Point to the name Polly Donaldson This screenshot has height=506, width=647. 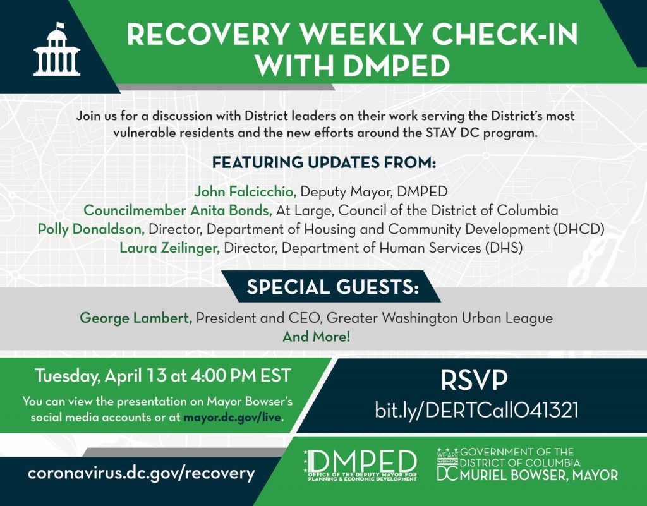[x=92, y=229]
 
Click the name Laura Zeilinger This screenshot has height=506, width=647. [x=169, y=248]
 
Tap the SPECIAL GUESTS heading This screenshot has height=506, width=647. [x=332, y=287]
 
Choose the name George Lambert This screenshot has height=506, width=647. [x=136, y=318]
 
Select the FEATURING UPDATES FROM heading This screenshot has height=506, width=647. [x=323, y=162]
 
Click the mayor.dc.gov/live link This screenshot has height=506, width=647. [x=233, y=418]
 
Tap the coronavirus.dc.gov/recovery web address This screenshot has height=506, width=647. [x=141, y=473]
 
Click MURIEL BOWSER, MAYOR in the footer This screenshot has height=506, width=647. [x=538, y=474]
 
